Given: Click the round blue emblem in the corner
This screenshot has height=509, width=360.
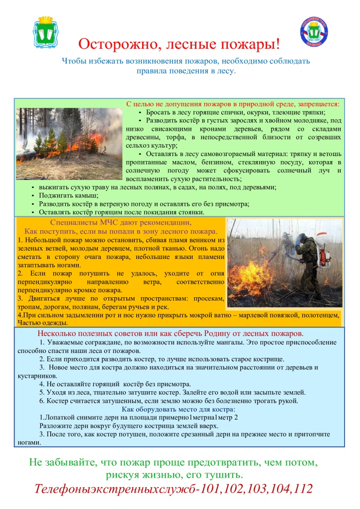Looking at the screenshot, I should click(x=314, y=32).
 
